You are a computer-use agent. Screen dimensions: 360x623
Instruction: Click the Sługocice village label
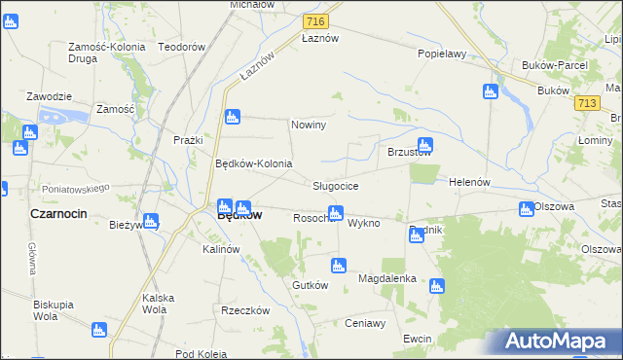pos(336,186)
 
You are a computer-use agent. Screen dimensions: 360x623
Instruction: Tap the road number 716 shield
pos(314,20)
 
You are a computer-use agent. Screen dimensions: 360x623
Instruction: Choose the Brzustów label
pos(410,153)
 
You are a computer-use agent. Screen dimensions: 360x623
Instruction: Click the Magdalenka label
pos(387,278)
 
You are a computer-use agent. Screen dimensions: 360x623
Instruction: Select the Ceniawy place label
pos(366,323)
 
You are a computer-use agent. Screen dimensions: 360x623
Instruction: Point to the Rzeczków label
pos(244,311)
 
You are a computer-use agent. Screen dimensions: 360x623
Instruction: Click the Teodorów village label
pos(182,47)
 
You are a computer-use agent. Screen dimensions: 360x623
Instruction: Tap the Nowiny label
pos(309,126)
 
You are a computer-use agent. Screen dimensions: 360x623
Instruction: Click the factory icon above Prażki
pos(231,118)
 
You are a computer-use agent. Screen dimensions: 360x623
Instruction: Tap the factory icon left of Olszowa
pos(526,208)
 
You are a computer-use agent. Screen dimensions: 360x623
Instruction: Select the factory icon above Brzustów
pos(424,143)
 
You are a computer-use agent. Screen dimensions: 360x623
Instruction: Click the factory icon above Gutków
pos(338,265)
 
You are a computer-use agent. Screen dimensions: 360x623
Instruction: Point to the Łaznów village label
pos(320,38)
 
